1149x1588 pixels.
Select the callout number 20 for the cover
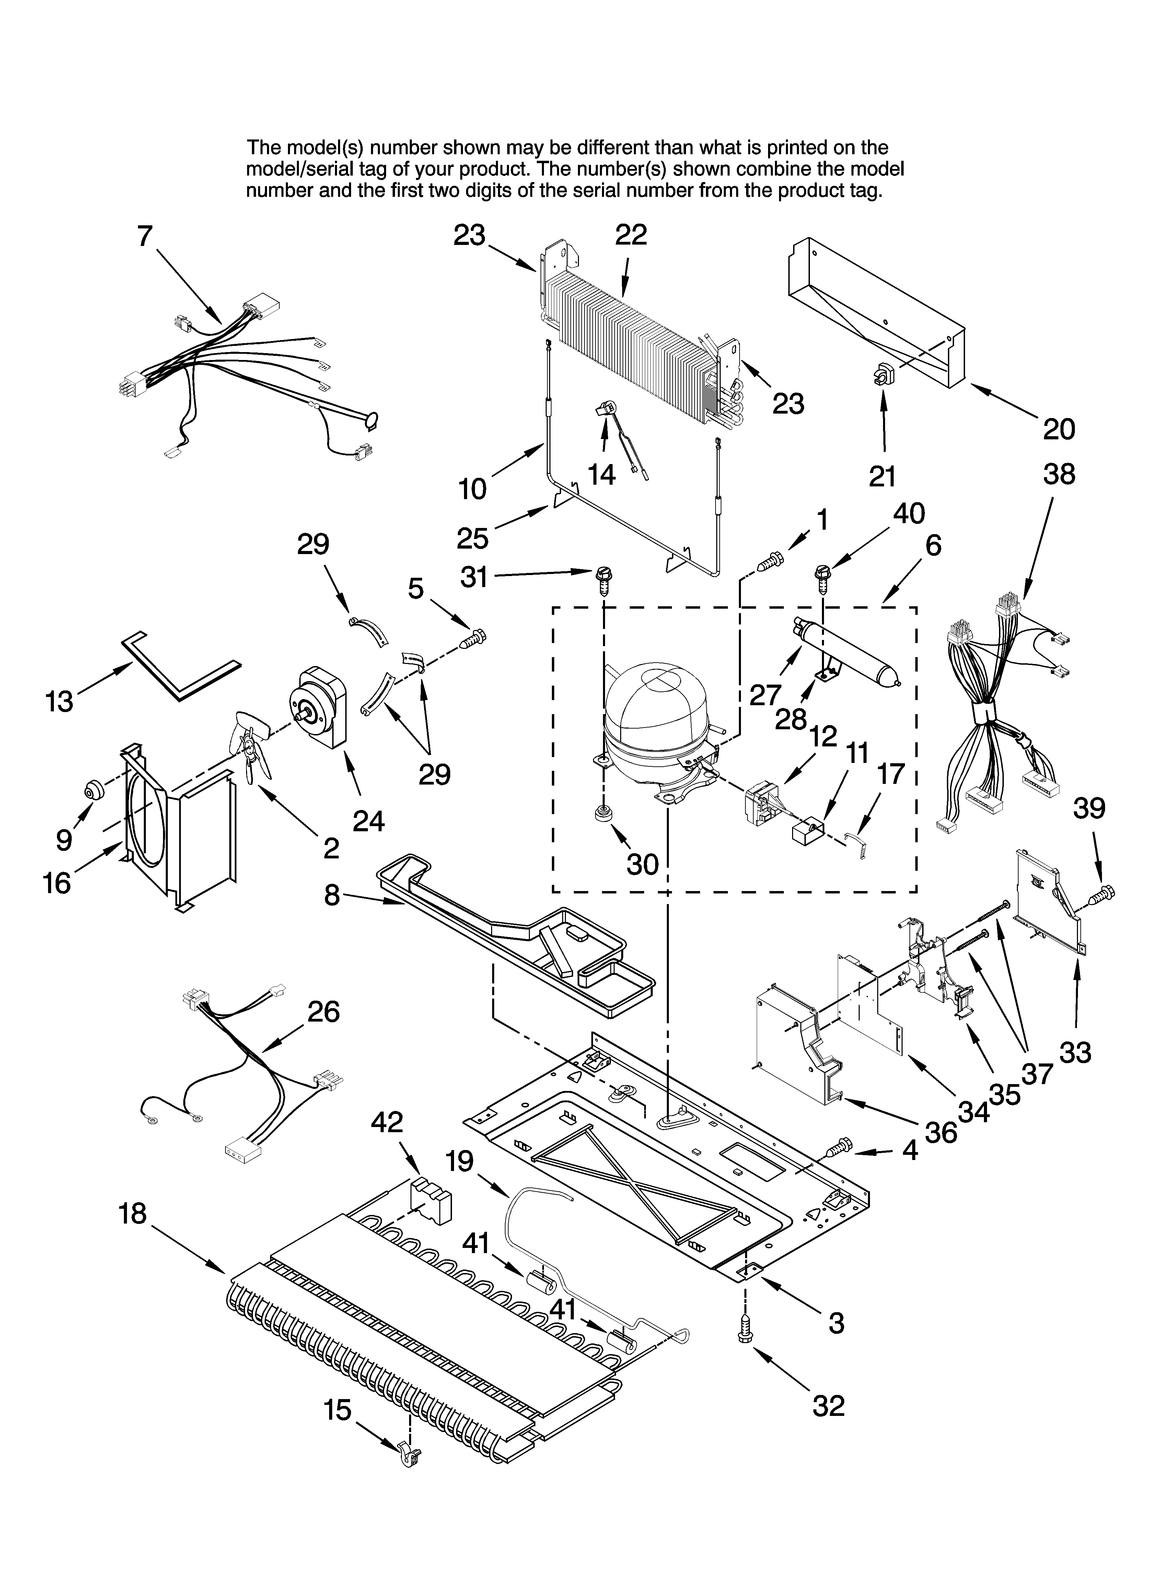(1058, 428)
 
